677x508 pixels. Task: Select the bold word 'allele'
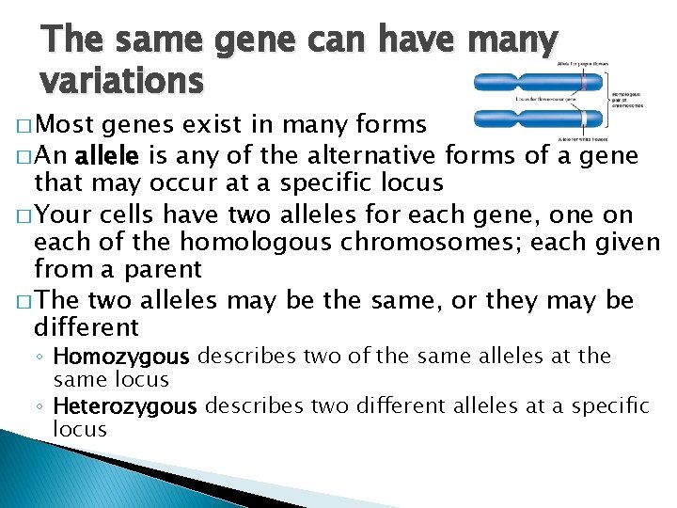coord(109,155)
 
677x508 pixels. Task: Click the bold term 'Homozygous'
coord(122,357)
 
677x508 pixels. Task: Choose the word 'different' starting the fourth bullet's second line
coord(87,327)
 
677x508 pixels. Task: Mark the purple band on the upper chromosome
coord(583,83)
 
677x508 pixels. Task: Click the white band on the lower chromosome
coord(584,119)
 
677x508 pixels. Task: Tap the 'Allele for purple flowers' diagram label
coord(583,63)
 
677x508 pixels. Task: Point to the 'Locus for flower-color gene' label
coord(546,98)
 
